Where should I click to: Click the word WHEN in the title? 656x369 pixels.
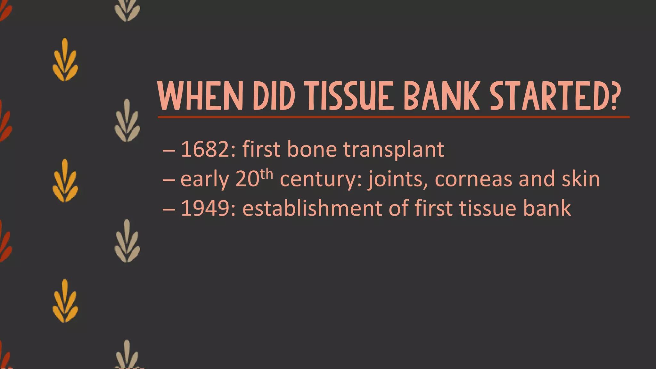click(x=201, y=96)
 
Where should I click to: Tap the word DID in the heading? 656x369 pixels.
click(x=274, y=96)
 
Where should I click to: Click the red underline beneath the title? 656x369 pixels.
click(x=393, y=117)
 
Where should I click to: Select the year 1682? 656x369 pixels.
click(x=205, y=149)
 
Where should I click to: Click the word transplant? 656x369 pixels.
click(x=394, y=150)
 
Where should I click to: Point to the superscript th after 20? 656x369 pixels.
click(x=266, y=175)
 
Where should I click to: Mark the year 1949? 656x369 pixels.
click(x=205, y=209)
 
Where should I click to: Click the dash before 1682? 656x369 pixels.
click(x=169, y=150)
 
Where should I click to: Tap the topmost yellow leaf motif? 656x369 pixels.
click(x=65, y=60)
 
